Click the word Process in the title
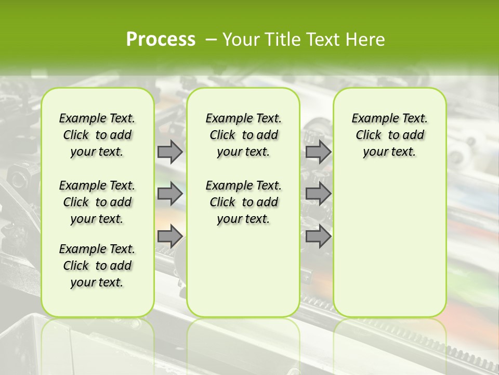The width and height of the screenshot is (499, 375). [x=161, y=39]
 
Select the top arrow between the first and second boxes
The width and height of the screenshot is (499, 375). [x=170, y=152]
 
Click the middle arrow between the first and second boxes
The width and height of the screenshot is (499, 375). [x=170, y=194]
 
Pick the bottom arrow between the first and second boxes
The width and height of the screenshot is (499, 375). [x=170, y=236]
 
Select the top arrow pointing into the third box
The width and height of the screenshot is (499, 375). [x=318, y=152]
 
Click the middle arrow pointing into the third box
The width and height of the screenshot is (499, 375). [x=318, y=194]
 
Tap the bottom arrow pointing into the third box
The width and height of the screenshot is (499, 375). [x=318, y=236]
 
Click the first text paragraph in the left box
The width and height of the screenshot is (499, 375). [x=97, y=135]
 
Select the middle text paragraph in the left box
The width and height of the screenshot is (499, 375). [x=97, y=202]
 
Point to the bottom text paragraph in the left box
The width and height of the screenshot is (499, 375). [x=97, y=266]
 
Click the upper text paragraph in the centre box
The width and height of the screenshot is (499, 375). [x=243, y=135]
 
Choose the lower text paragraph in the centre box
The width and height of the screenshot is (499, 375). [x=243, y=202]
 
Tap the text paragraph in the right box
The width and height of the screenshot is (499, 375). [x=389, y=135]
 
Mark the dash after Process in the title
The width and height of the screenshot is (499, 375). [x=211, y=40]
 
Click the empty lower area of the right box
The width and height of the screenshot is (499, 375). [x=389, y=245]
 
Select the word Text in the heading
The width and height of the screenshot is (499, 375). [x=323, y=40]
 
